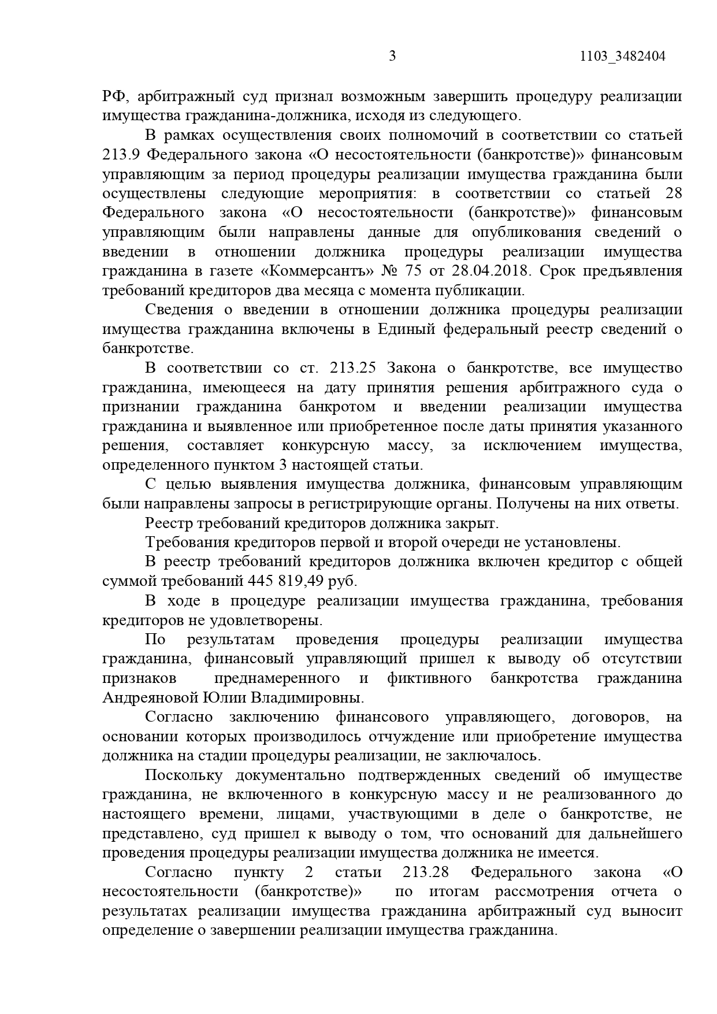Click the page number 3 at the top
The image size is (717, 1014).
coord(392,57)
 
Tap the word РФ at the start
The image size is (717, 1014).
coord(113,96)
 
